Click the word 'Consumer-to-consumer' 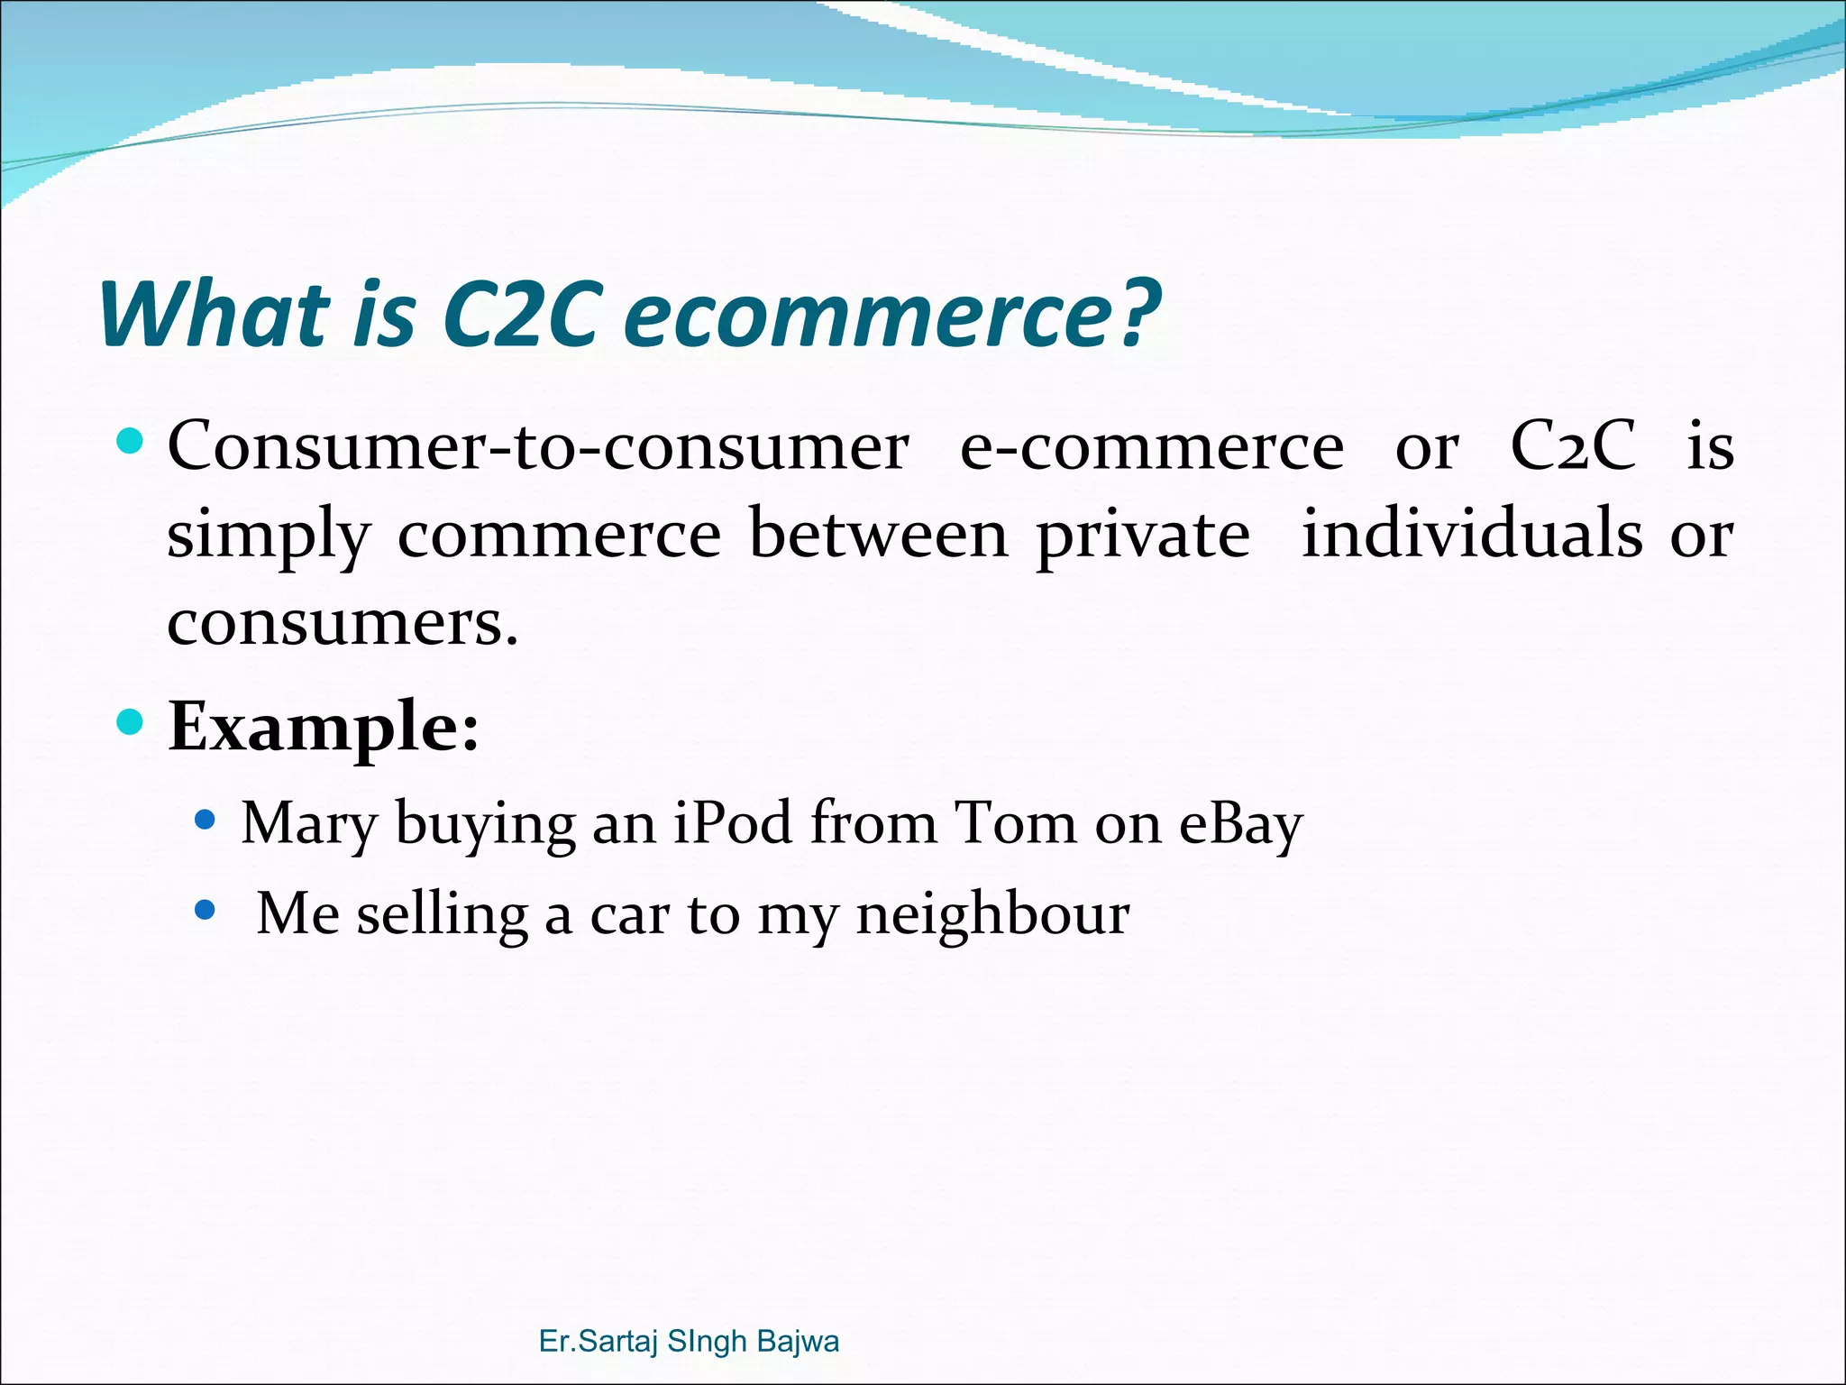click(538, 446)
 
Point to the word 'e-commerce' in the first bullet click(1151, 446)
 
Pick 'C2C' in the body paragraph click(1572, 446)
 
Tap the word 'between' click(878, 535)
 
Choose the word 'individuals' click(1472, 533)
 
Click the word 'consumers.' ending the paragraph click(343, 623)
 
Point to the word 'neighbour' click(992, 915)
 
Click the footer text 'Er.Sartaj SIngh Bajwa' click(689, 1341)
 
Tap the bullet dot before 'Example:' click(131, 722)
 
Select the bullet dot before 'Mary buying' click(206, 820)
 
